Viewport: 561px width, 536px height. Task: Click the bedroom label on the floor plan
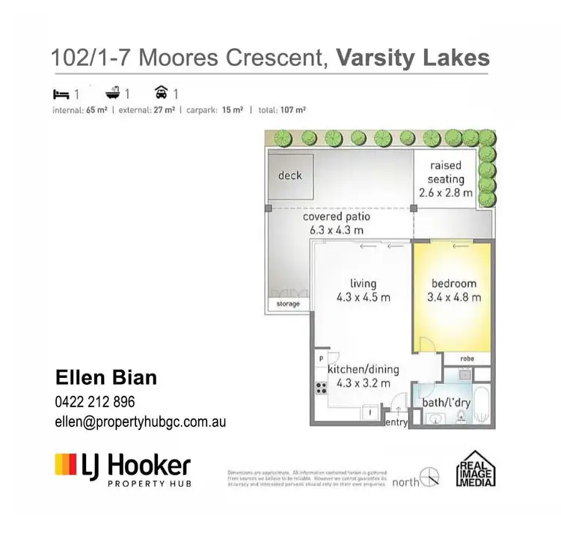coord(453,284)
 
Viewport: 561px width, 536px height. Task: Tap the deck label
coord(290,175)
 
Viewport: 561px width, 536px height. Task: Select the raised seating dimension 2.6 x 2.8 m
coord(446,192)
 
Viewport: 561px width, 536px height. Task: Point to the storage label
coord(288,304)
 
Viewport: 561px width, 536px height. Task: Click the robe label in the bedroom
coord(467,359)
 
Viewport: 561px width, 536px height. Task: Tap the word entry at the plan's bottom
coord(396,422)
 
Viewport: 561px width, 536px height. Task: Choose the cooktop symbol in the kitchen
coord(322,388)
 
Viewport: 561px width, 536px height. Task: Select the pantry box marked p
coord(321,359)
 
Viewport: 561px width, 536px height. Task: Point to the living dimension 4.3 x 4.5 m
coord(363,297)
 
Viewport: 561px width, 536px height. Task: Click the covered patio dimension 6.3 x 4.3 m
coord(336,230)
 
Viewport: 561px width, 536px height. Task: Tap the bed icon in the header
coord(61,95)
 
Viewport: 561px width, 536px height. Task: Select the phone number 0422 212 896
coord(94,401)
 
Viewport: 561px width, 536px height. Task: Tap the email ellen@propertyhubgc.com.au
coord(140,421)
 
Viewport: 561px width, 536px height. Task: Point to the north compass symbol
coord(429,475)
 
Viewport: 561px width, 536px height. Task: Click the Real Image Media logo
coord(476,470)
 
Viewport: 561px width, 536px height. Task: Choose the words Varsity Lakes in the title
coord(414,58)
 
